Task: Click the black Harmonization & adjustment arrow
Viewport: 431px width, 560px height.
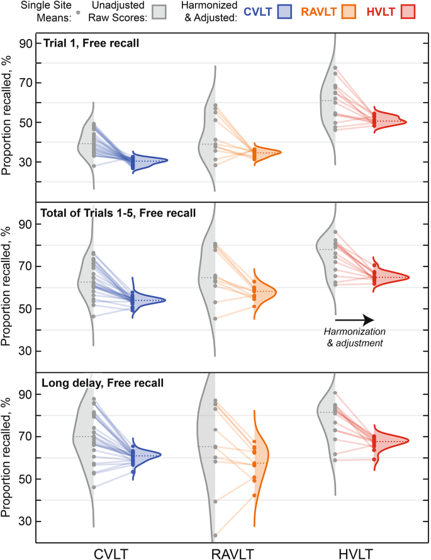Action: click(355, 321)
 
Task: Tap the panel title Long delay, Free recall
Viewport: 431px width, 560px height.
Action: click(102, 382)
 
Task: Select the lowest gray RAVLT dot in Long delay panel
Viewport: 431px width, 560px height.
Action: click(215, 535)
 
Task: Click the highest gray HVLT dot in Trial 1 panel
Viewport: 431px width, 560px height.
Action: click(335, 67)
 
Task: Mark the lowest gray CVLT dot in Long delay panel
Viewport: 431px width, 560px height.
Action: click(94, 487)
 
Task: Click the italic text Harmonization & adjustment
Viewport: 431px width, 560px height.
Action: click(354, 338)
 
